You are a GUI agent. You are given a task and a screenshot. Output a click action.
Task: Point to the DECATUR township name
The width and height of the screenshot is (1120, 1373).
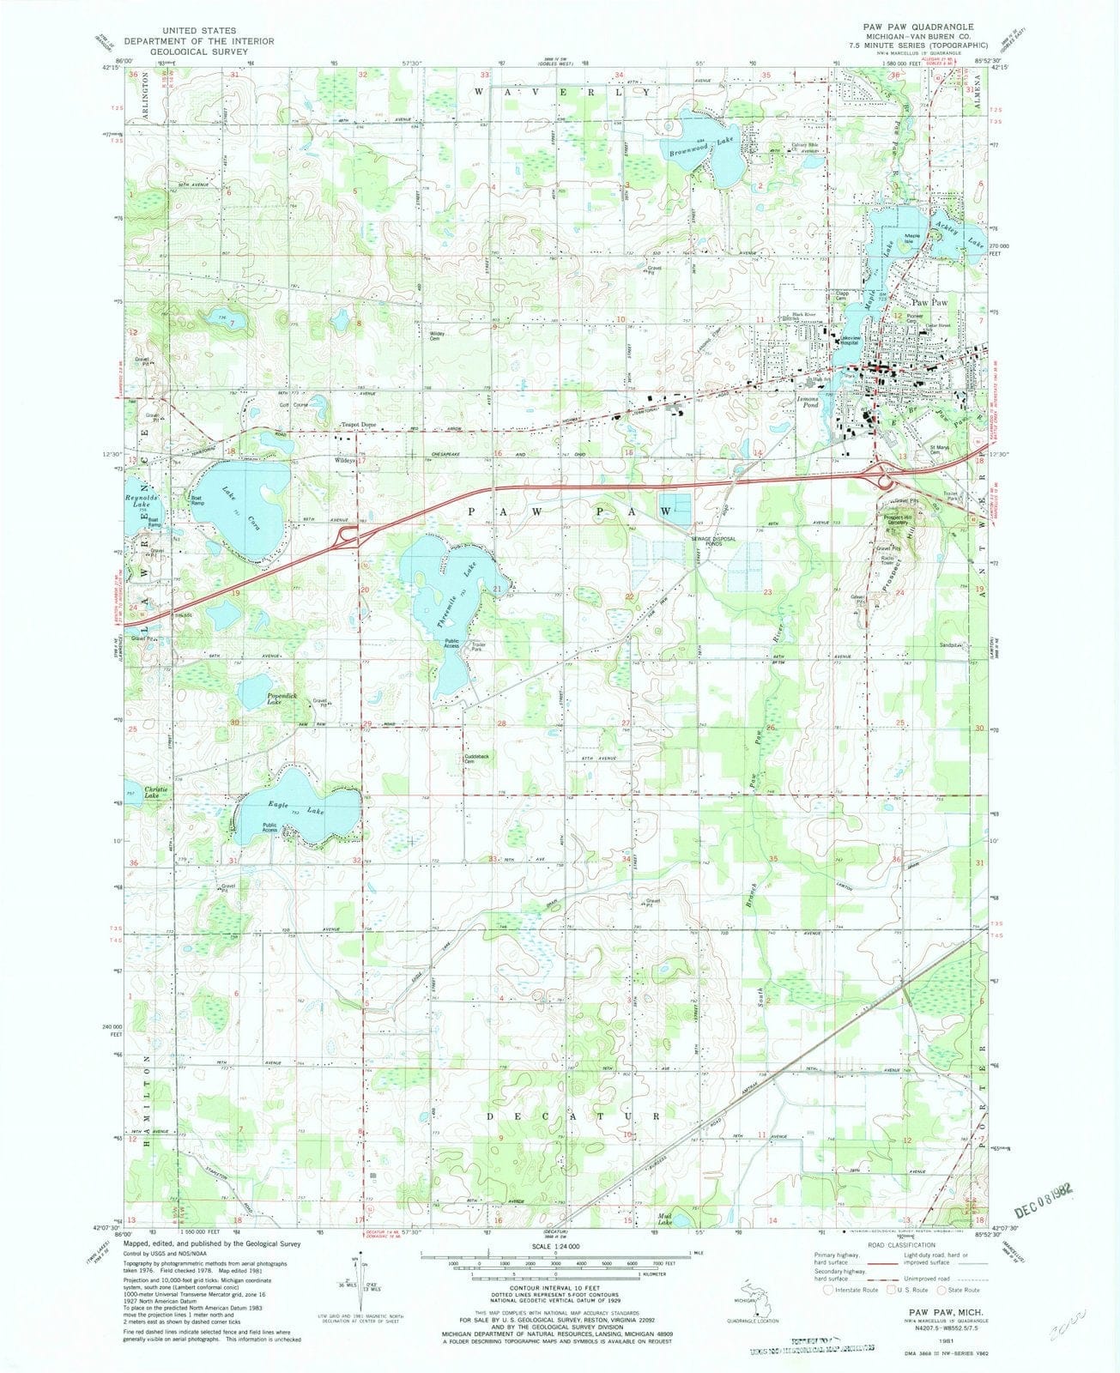coord(584,1116)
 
